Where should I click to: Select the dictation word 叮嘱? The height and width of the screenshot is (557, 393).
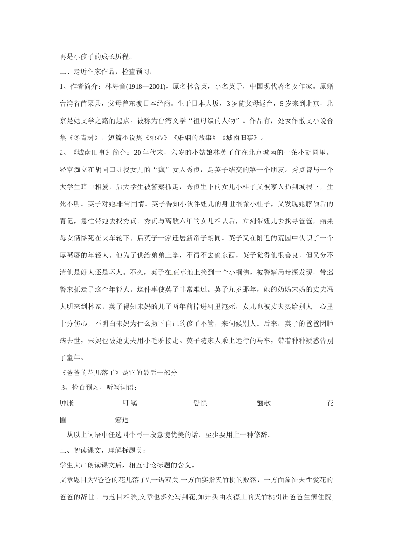tap(130, 403)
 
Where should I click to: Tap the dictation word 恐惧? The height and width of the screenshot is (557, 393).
tap(200, 403)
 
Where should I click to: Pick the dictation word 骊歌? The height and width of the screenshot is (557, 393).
tap(264, 403)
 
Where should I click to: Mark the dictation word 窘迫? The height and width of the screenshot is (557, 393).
tap(122, 420)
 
